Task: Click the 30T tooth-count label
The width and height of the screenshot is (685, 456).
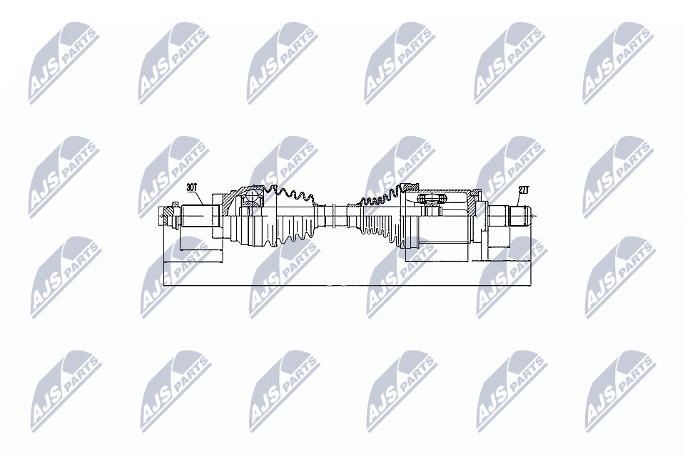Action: coord(191,188)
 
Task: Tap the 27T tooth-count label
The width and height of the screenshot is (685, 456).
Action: coord(524,190)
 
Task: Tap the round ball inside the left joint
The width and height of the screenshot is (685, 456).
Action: coord(251,197)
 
